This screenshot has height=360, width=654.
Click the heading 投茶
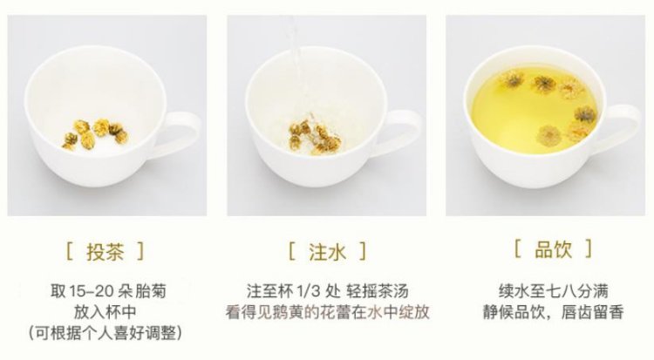click(105, 252)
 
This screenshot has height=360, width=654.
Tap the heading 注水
click(327, 252)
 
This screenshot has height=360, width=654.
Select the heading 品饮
click(553, 249)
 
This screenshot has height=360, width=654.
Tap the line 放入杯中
click(106, 312)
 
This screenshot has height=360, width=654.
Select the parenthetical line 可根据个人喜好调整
click(106, 333)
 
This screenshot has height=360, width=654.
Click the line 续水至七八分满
click(553, 291)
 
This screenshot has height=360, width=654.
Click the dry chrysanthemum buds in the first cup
click(95, 134)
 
